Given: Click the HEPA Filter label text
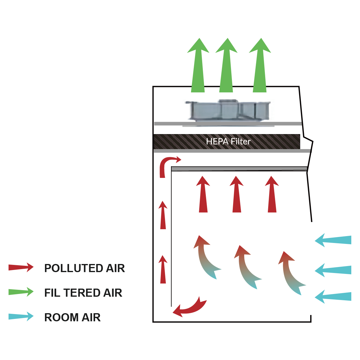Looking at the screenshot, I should [x=228, y=141].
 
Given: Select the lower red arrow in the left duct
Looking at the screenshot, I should [x=163, y=270].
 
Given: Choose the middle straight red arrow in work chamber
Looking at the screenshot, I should [x=237, y=195].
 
